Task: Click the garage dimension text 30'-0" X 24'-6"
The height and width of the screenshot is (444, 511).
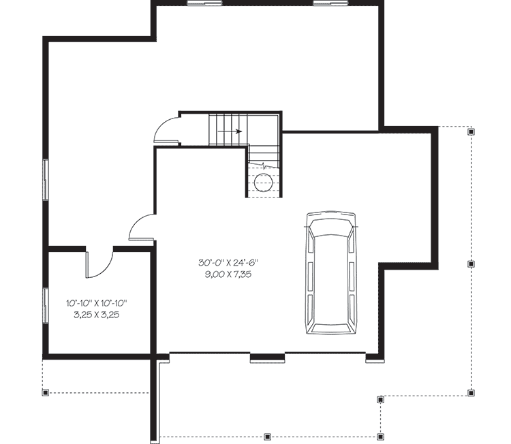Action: click(229, 262)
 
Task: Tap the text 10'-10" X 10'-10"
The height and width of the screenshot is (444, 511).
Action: click(97, 303)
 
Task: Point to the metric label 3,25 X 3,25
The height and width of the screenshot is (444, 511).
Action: click(97, 315)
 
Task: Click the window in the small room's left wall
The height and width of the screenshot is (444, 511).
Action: click(46, 304)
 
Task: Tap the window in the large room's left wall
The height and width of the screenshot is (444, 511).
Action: click(46, 179)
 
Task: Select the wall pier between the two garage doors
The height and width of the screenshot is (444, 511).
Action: click(268, 356)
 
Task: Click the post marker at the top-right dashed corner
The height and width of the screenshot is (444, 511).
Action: click(471, 133)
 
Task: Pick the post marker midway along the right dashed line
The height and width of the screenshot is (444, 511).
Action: click(471, 263)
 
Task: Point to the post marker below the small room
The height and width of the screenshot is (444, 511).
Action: click(46, 392)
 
